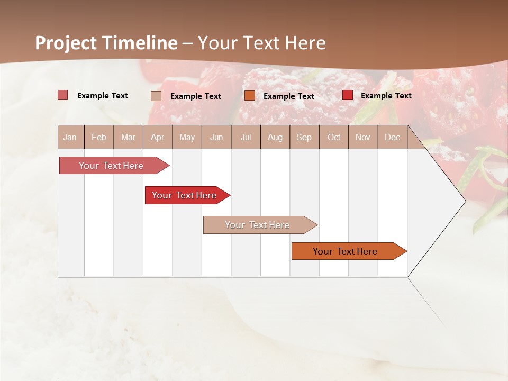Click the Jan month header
(70, 137)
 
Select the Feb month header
(99, 137)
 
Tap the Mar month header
(128, 137)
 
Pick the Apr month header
(157, 137)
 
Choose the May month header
(187, 137)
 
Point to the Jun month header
(216, 137)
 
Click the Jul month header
(246, 137)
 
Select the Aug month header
(275, 137)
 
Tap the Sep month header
(304, 137)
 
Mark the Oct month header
(334, 137)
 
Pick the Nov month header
(363, 137)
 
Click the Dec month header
(393, 137)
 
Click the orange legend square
(250, 96)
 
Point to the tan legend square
(156, 96)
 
